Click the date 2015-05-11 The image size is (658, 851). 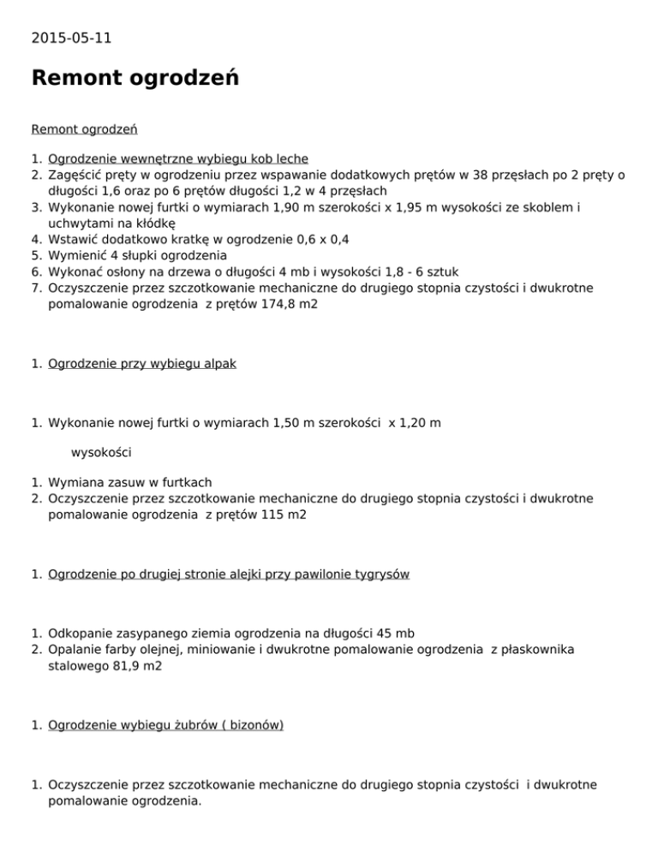pyautogui.click(x=71, y=38)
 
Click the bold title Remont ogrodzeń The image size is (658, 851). pyautogui.click(x=135, y=79)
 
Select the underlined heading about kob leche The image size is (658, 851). pyautogui.click(x=178, y=158)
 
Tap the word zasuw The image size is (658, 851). pyautogui.click(x=125, y=482)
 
